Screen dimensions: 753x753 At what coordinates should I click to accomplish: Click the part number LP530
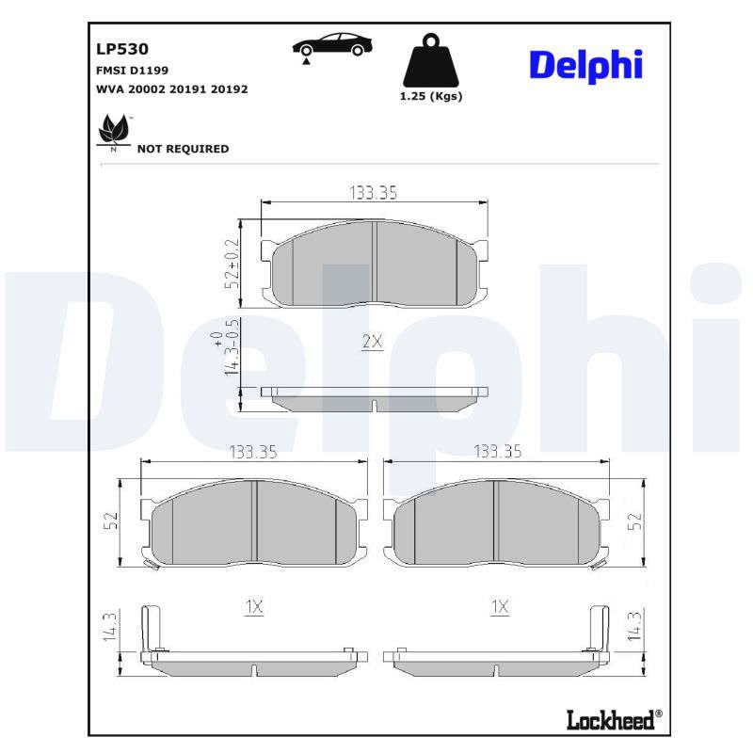[x=122, y=49]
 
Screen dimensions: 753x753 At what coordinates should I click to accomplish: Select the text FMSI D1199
[x=132, y=71]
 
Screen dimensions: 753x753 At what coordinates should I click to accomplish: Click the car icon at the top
[x=332, y=47]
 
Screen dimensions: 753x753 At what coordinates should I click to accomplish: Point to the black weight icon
[x=431, y=60]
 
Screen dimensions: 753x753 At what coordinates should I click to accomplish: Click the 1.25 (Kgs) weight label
[x=431, y=96]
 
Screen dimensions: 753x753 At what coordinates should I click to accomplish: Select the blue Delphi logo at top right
[x=585, y=66]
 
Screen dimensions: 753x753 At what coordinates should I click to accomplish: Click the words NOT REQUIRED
[x=183, y=149]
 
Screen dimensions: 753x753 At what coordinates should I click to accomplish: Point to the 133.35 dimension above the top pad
[x=373, y=193]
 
